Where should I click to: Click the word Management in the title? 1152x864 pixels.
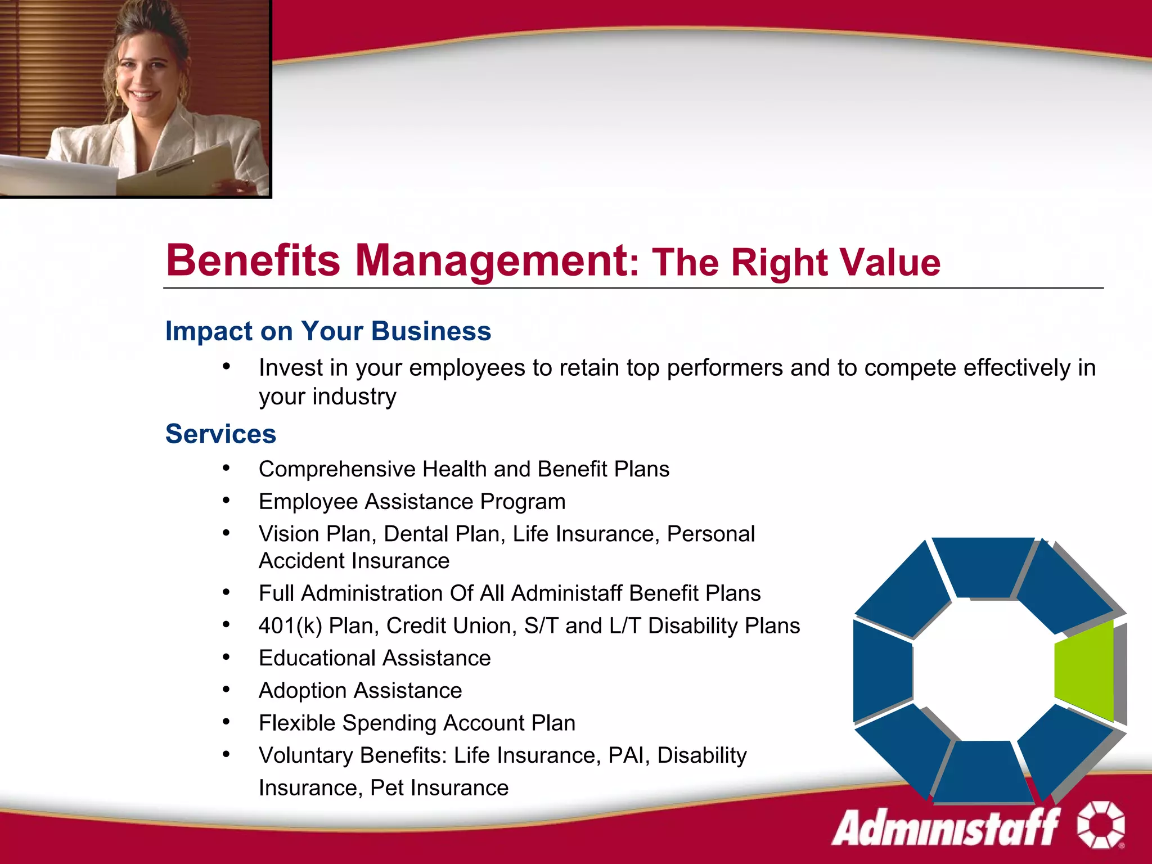492,260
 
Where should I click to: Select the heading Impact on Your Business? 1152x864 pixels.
328,331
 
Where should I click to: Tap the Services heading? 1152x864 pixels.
220,434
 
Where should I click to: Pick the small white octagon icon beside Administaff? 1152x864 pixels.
1101,825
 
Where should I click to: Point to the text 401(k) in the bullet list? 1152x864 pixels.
290,625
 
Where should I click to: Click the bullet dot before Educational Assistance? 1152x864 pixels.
226,657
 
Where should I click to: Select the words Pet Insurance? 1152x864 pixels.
439,787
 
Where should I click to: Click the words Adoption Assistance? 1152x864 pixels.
360,690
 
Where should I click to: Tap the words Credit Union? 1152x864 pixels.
451,625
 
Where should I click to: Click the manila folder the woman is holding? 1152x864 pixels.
186,169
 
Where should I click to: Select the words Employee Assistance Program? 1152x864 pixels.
412,501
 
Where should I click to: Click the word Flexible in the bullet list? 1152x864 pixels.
296,723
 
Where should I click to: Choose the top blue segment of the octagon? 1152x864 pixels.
982,565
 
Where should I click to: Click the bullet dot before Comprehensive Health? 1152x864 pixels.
226,468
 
